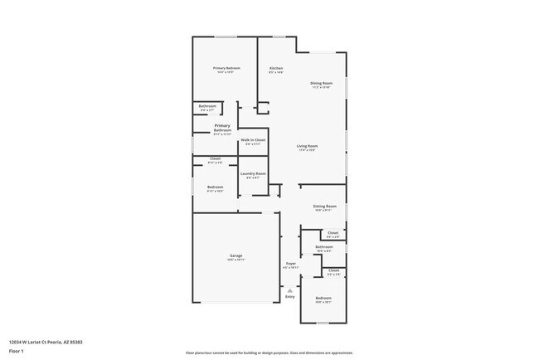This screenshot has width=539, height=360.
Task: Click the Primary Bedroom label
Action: coord(225,68)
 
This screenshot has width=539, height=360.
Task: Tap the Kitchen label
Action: coord(276,68)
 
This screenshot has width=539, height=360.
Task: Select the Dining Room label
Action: coord(321,83)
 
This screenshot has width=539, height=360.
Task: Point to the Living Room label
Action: coord(308,147)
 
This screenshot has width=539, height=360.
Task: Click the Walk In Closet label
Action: coord(254,141)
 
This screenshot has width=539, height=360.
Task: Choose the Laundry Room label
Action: coord(254,173)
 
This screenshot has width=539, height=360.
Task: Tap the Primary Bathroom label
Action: coord(222,128)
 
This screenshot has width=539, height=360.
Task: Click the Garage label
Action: coord(236,255)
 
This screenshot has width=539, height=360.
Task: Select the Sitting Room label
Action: coord(324,206)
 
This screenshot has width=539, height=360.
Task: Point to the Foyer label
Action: coord(290,263)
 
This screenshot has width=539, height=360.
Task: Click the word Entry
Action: coord(289,296)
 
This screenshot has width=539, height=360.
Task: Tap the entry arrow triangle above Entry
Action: coord(289,290)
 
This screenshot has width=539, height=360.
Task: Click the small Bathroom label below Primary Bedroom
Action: coord(207,106)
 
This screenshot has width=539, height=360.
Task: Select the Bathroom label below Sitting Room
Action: coord(324,246)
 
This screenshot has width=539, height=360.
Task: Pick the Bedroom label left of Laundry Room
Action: coord(215,187)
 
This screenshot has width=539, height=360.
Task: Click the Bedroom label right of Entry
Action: coord(323,298)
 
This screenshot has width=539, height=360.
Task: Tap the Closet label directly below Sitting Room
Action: coord(333,233)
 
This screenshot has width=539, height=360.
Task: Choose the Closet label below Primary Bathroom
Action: coord(215,158)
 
